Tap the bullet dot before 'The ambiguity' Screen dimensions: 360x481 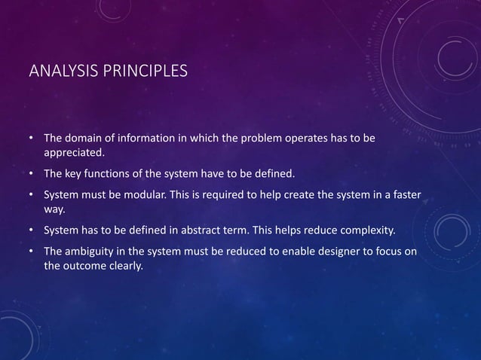31,250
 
